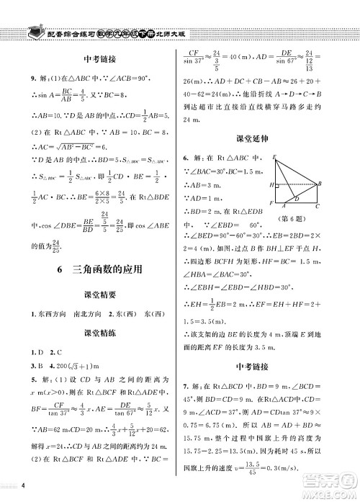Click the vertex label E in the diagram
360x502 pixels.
[274, 157]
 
